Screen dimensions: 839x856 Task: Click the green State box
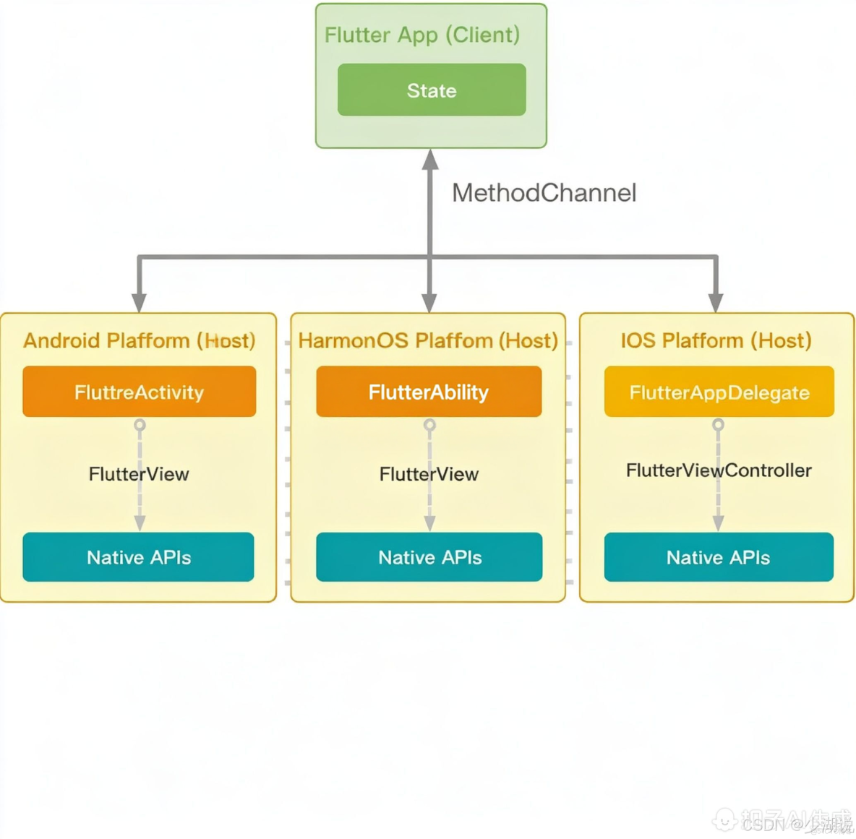coord(432,90)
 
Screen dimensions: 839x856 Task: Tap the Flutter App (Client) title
coord(422,35)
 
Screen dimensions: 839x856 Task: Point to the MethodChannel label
coord(544,193)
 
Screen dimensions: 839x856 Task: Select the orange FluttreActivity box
coord(140,392)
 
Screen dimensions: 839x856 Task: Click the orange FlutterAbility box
coord(429,392)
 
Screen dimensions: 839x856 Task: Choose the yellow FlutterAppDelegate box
coord(719,392)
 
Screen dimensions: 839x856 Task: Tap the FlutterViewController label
coord(719,470)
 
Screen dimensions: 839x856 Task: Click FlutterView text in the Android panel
coord(139,474)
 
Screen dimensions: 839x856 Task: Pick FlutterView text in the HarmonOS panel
coord(429,474)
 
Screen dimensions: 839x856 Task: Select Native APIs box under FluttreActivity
coord(139,557)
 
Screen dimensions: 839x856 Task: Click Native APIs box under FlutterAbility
coord(429,557)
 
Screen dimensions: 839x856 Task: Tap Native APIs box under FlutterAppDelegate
coord(719,557)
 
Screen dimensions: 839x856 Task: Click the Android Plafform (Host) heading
coord(140,340)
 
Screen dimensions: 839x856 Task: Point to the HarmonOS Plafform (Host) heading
coord(428,340)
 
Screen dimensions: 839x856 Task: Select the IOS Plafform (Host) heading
coord(716,340)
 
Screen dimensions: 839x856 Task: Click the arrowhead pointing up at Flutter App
coord(430,160)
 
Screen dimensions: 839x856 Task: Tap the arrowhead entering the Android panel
coord(140,303)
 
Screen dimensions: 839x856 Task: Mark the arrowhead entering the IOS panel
coord(716,303)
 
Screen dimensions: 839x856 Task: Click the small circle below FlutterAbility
coord(429,425)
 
